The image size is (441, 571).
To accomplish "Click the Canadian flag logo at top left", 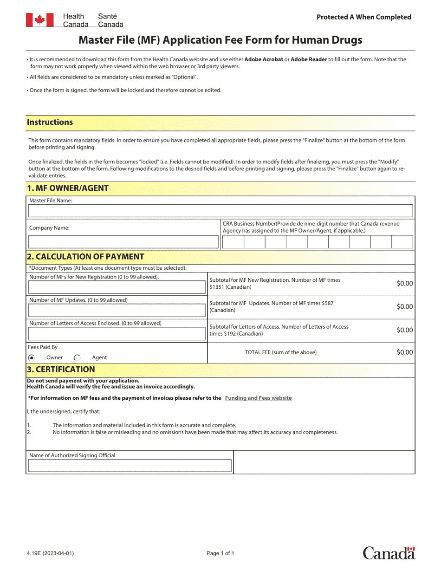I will pyautogui.click(x=39, y=20).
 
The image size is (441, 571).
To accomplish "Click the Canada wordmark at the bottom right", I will pyautogui.click(x=389, y=553).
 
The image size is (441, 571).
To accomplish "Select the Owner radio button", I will pyautogui.click(x=32, y=357).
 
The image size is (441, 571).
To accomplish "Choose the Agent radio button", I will pyautogui.click(x=77, y=357).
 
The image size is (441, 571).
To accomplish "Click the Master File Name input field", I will pyautogui.click(x=220, y=211).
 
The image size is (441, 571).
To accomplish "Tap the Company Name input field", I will pyautogui.click(x=123, y=242).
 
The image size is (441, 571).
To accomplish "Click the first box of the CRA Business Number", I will pyautogui.click(x=233, y=242).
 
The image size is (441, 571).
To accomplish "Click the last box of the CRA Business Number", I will pyautogui.click(x=402, y=242).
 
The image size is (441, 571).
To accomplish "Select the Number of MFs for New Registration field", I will pyautogui.click(x=117, y=287).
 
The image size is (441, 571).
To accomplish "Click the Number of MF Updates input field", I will pyautogui.click(x=117, y=311).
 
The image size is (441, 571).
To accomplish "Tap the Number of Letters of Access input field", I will pyautogui.click(x=117, y=334).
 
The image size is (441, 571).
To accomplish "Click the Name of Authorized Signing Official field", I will pyautogui.click(x=130, y=466).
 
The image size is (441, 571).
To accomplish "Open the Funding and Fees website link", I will pyautogui.click(x=258, y=398).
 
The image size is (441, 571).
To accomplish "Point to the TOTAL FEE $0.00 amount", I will pyautogui.click(x=404, y=352).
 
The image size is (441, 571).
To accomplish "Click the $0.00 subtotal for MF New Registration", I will pyautogui.click(x=404, y=284).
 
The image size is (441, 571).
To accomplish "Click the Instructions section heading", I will pyautogui.click(x=50, y=123).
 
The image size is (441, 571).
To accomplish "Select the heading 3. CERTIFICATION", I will pyautogui.click(x=61, y=370).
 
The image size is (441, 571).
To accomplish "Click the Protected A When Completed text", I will pyautogui.click(x=363, y=17).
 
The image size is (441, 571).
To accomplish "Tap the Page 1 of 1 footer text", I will pyautogui.click(x=220, y=553).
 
